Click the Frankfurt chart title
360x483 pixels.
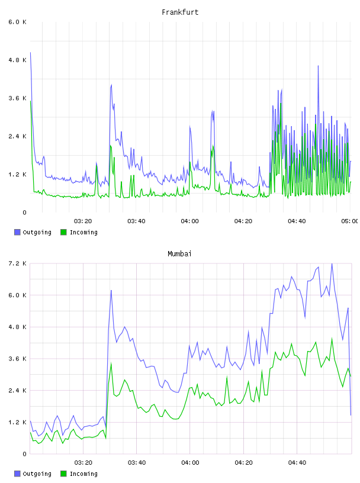[180, 12]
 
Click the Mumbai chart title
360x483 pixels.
[179, 254]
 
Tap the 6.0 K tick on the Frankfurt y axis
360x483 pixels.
[17, 22]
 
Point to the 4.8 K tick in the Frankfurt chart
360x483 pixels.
[17, 60]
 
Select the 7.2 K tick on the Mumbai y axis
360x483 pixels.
[17, 263]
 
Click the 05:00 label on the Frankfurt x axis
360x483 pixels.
[350, 221]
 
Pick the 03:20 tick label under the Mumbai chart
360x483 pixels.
[83, 462]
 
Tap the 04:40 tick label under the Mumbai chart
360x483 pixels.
[297, 462]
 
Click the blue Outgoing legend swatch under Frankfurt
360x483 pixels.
[17, 232]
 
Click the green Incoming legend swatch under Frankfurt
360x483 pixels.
[63, 232]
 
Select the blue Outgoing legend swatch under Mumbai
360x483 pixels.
[17, 474]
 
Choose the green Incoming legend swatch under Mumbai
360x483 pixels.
[63, 474]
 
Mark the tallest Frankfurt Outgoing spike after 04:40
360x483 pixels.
[318, 66]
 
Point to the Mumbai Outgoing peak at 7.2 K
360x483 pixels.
[332, 264]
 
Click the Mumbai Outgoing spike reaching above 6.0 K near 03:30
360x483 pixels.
[111, 291]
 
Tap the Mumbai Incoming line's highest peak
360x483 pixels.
[332, 339]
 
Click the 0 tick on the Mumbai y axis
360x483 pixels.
[24, 454]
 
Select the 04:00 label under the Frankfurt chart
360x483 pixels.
[190, 221]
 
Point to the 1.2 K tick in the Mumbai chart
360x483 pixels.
[17, 422]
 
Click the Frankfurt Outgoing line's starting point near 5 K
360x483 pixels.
[30, 53]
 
